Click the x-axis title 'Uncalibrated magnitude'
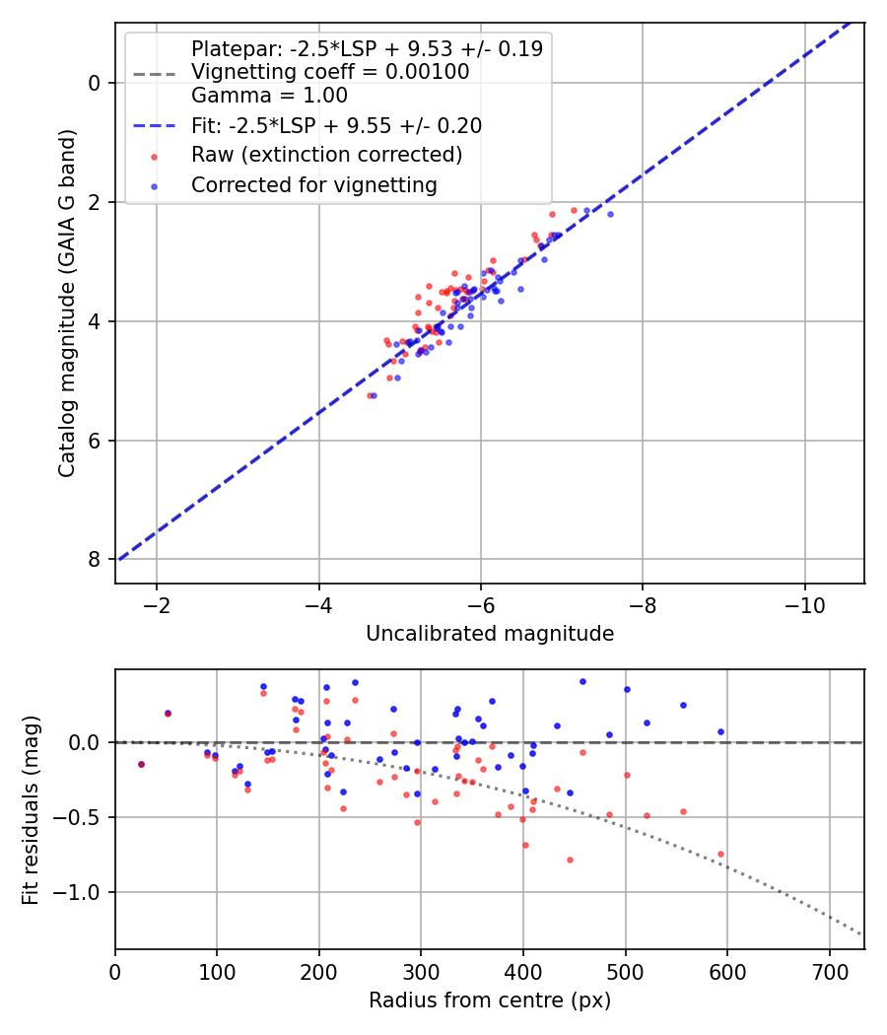490,634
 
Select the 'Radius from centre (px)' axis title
490,1000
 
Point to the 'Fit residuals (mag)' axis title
32,809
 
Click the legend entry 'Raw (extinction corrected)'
326,155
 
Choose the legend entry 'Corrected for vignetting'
313,184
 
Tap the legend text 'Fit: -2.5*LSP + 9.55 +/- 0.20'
336,125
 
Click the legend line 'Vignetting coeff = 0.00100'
330,72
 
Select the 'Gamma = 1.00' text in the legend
269,96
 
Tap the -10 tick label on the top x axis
803,604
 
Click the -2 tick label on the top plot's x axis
156,604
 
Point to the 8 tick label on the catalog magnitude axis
95,559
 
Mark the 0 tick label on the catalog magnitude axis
95,83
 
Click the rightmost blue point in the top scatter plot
610,214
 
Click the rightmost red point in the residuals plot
720,854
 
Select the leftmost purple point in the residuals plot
141,764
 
